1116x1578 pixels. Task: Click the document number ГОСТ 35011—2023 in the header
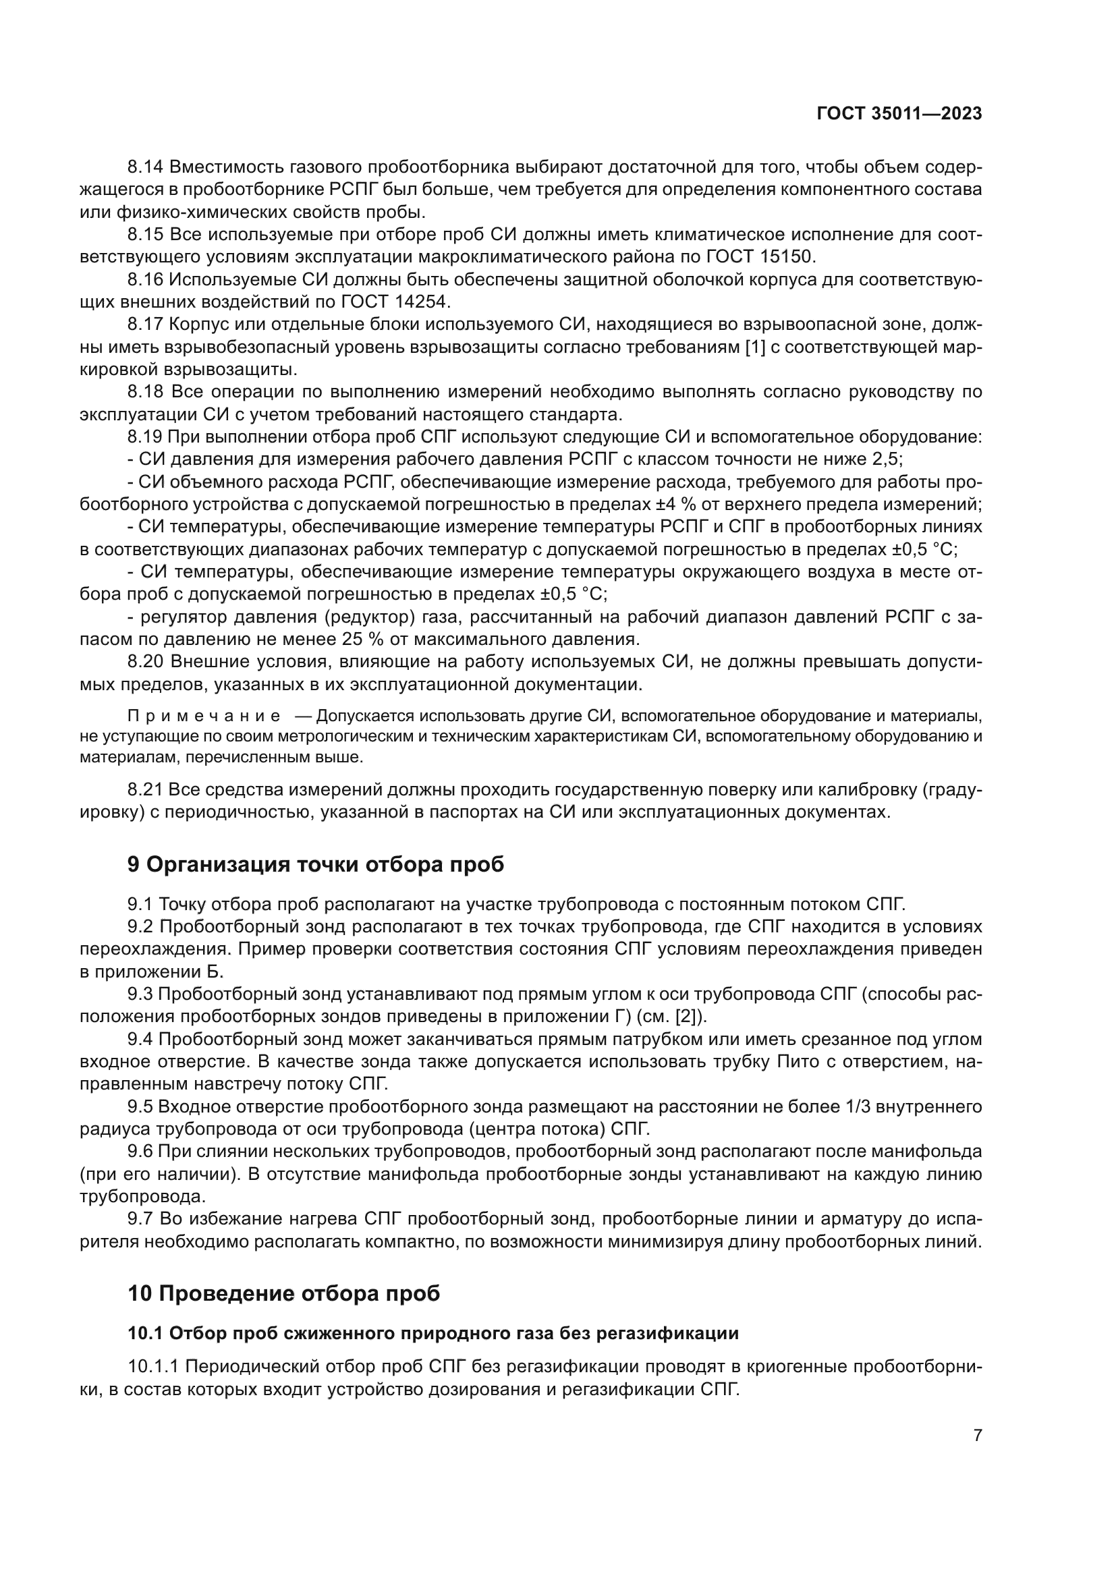pyautogui.click(x=899, y=114)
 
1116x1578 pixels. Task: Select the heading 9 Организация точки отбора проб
pyautogui.click(x=315, y=865)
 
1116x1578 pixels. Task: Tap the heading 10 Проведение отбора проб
pyautogui.click(x=284, y=1293)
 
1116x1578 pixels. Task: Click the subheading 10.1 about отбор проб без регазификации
pyautogui.click(x=433, y=1333)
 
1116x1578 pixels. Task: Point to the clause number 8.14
pyautogui.click(x=145, y=167)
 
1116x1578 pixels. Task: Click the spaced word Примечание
pyautogui.click(x=203, y=716)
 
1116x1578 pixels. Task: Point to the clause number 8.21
pyautogui.click(x=145, y=789)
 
